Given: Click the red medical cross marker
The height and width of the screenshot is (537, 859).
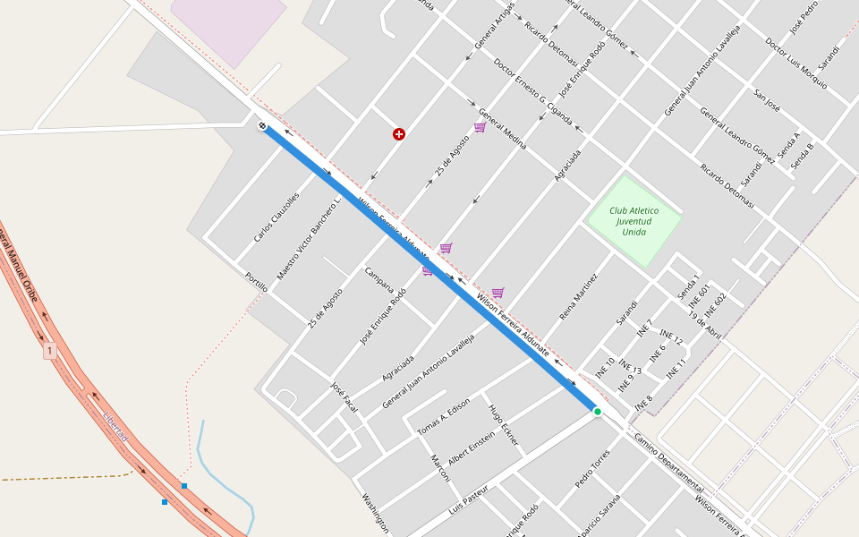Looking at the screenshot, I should tap(399, 134).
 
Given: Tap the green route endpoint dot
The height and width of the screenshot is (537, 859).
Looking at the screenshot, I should tap(597, 411).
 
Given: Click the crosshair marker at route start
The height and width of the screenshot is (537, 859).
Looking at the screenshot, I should tap(262, 126).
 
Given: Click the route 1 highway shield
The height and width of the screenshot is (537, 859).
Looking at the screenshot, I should tap(50, 351).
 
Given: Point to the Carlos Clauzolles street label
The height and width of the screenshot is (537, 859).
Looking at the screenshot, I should tap(276, 217).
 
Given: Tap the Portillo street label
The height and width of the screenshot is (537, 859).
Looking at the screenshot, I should tap(256, 282).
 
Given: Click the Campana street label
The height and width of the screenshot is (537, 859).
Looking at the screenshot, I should tap(378, 280).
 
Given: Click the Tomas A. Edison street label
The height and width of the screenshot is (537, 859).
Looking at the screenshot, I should tap(444, 416).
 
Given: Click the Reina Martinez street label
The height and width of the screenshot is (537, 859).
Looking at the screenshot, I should tap(578, 296).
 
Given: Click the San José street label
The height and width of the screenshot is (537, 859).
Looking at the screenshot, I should tap(767, 99).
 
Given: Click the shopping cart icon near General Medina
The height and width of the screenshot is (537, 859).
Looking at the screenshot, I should tap(480, 127).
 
